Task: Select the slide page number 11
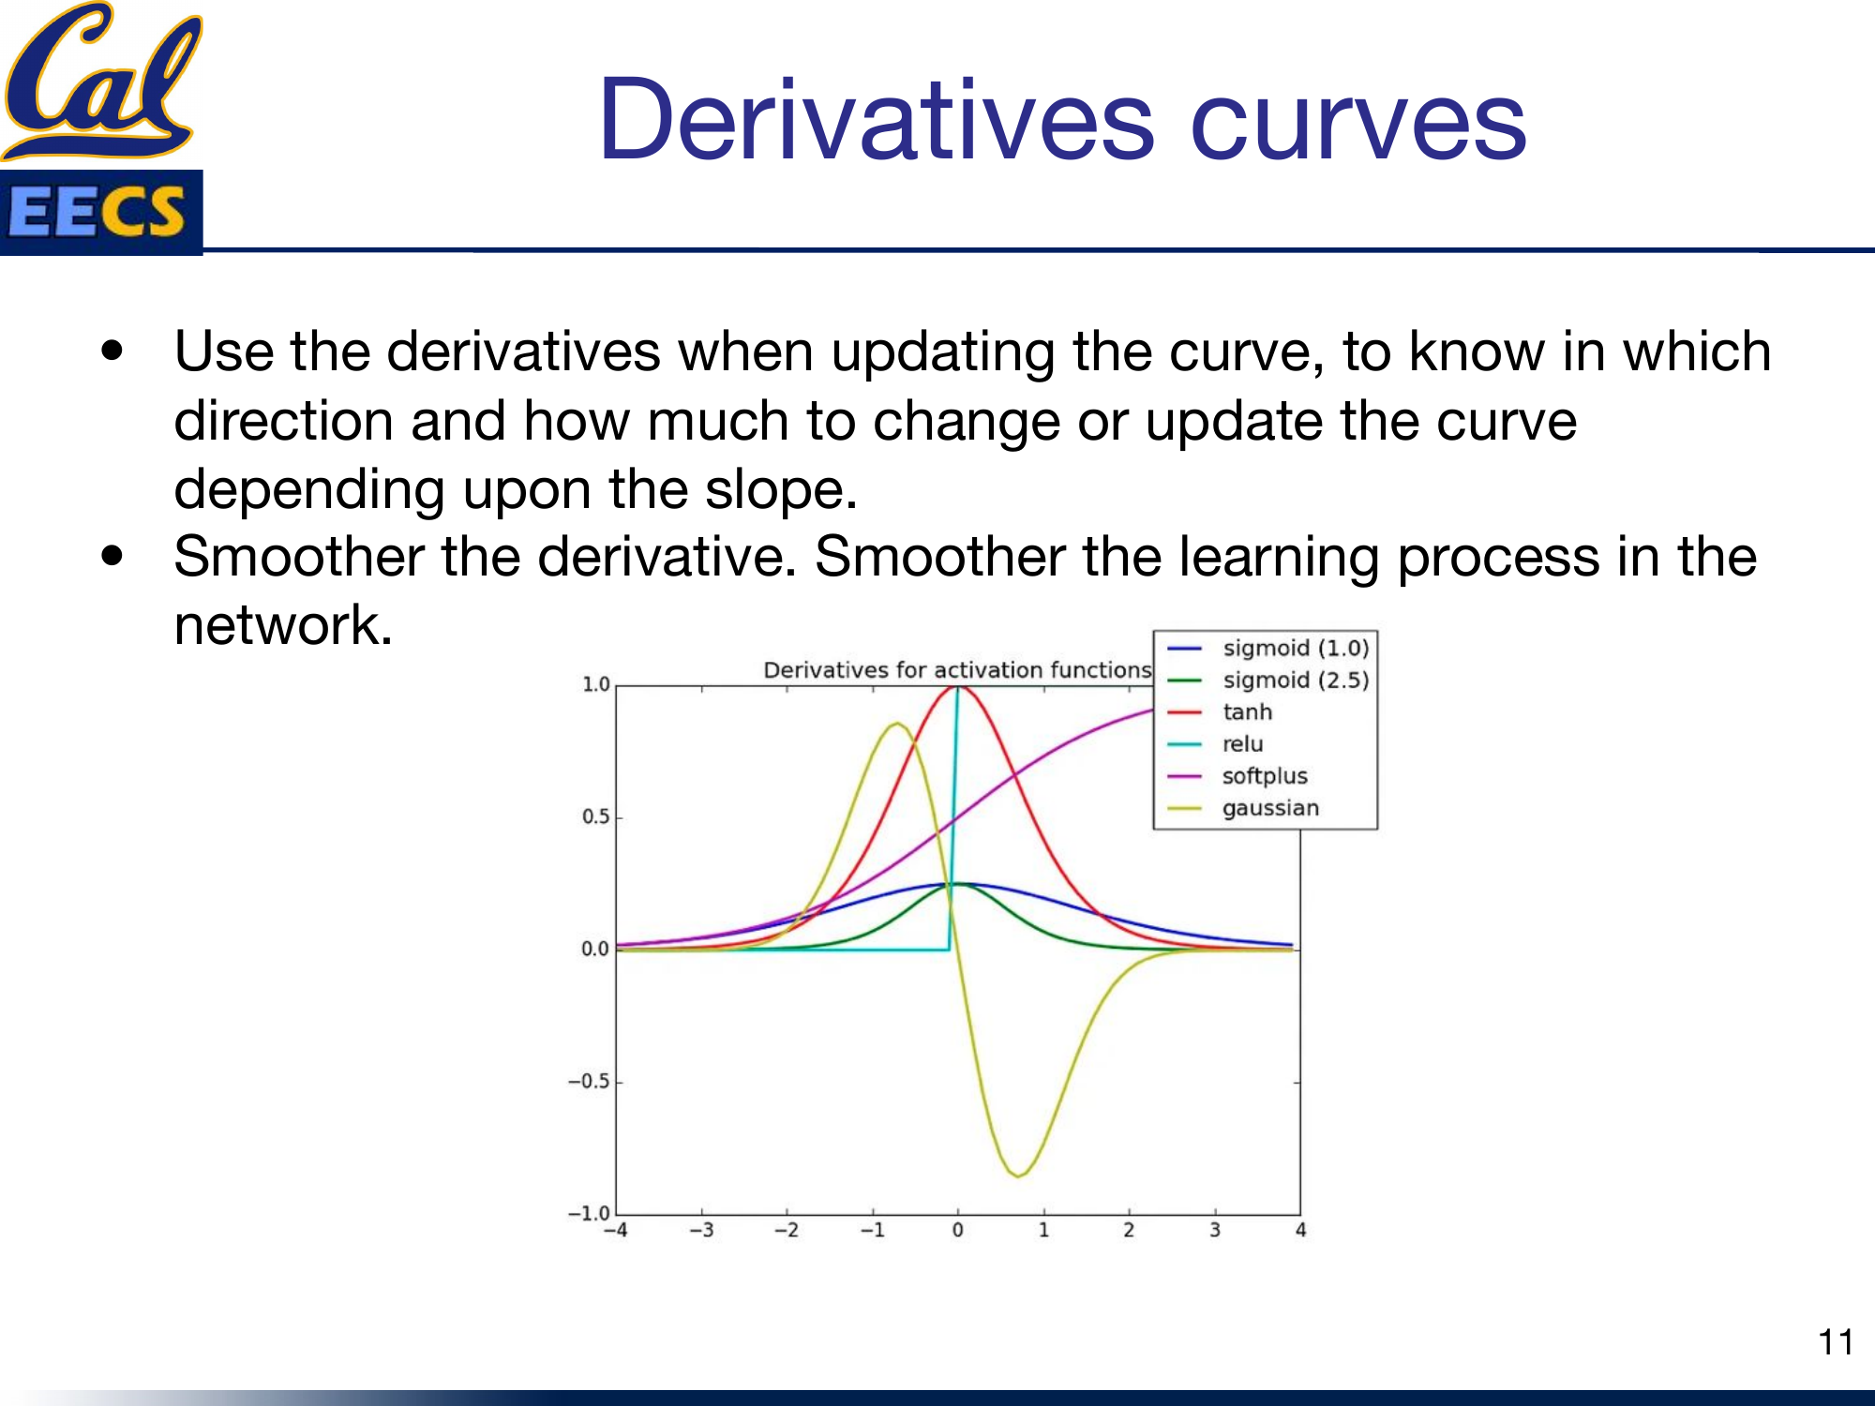click(1835, 1342)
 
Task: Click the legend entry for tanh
click(1247, 712)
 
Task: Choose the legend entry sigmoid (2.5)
click(1295, 681)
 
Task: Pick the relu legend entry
click(1242, 744)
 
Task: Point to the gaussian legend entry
click(1269, 808)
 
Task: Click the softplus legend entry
click(1264, 776)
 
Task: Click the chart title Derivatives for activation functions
click(956, 670)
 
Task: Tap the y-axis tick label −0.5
click(589, 1082)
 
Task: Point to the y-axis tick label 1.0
click(596, 685)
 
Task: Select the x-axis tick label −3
click(701, 1231)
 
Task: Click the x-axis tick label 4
click(1300, 1231)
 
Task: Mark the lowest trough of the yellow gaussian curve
click(1018, 1175)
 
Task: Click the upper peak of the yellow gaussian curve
click(897, 724)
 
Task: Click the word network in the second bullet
click(281, 625)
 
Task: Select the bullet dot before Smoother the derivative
click(112, 556)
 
